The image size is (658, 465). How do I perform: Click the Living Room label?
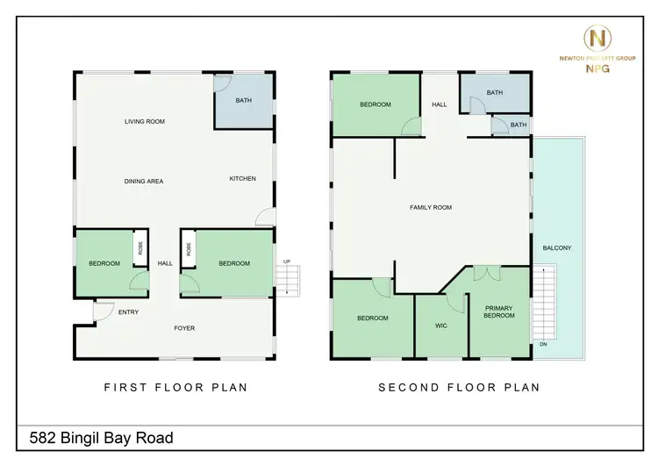point(145,122)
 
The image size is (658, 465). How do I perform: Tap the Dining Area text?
point(144,182)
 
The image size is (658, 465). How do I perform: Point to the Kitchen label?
point(243,179)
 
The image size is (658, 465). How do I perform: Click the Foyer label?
point(184,328)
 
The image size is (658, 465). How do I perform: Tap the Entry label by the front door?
point(128,311)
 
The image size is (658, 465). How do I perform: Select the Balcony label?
point(556,248)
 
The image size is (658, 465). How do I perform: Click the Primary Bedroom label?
point(499,310)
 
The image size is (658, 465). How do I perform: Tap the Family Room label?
point(431,207)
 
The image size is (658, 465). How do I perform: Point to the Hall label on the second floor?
point(439,105)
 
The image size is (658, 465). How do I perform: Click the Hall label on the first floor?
point(165,263)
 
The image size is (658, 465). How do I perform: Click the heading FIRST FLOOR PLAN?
point(175,387)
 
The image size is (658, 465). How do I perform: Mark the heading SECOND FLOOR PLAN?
point(458,387)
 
